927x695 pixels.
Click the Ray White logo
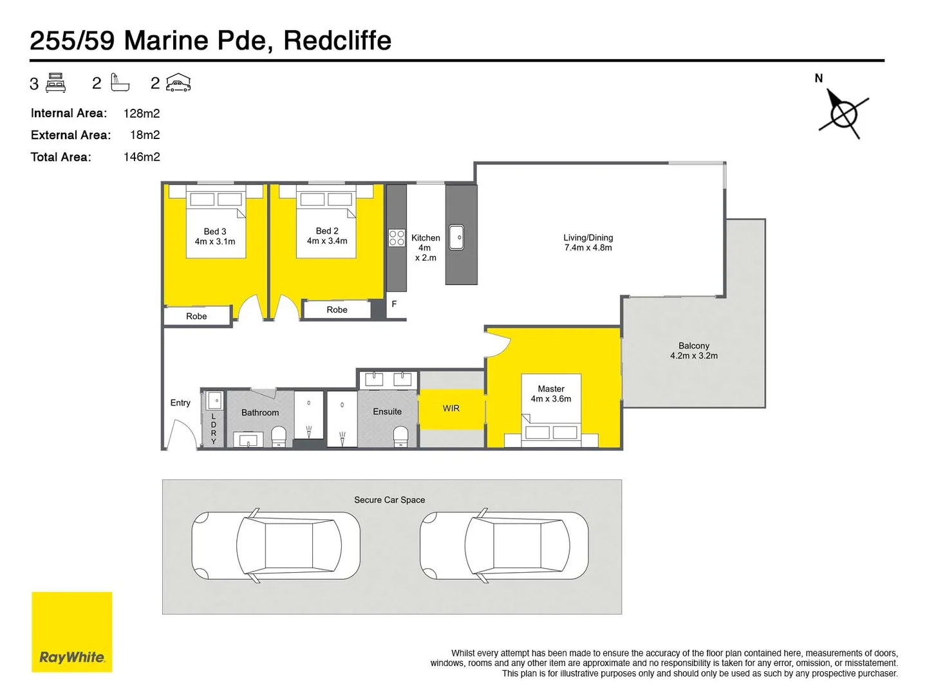pyautogui.click(x=71, y=632)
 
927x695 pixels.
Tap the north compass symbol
pyautogui.click(x=843, y=115)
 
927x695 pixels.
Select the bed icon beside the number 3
pyautogui.click(x=56, y=83)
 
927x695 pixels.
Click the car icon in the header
pyautogui.click(x=178, y=83)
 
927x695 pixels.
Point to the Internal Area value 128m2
pyautogui.click(x=142, y=113)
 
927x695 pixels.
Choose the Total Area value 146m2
pyautogui.click(x=142, y=157)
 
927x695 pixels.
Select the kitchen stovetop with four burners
pyautogui.click(x=397, y=238)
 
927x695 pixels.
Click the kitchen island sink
pyautogui.click(x=456, y=237)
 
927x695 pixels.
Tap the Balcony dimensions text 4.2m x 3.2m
pyautogui.click(x=694, y=356)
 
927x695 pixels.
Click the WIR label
pyautogui.click(x=451, y=409)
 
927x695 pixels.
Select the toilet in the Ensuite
pyautogui.click(x=400, y=436)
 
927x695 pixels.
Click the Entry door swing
pyautogui.click(x=181, y=434)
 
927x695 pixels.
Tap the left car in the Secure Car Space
pyautogui.click(x=276, y=546)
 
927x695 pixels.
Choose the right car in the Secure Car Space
pyautogui.click(x=504, y=546)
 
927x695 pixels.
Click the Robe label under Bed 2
pyautogui.click(x=337, y=310)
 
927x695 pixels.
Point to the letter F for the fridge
pyautogui.click(x=394, y=304)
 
